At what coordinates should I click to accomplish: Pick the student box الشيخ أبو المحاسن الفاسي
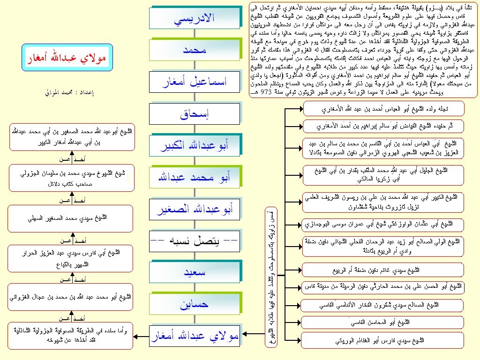383,322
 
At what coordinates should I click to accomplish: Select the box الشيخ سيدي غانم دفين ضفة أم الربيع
383,270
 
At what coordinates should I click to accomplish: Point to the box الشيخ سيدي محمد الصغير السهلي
72,218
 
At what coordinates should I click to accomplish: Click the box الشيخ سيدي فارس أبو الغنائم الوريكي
383,340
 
